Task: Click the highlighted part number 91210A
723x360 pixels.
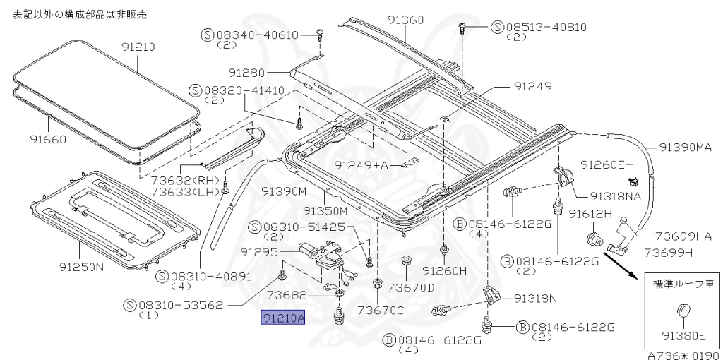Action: [x=283, y=318]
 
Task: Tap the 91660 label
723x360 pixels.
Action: [x=48, y=139]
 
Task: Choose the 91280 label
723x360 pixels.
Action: [x=246, y=73]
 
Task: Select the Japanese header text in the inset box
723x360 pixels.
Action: [x=681, y=284]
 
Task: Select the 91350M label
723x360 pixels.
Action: [x=326, y=210]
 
